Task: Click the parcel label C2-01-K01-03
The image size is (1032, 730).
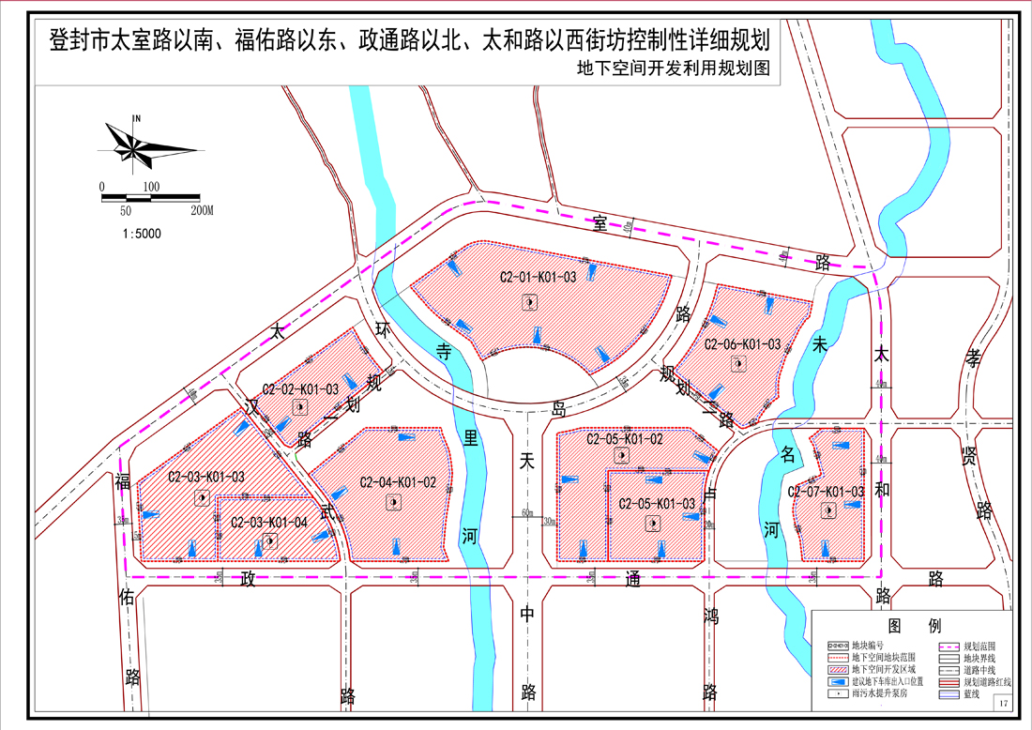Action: point(538,278)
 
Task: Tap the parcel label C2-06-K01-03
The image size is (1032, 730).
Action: point(742,344)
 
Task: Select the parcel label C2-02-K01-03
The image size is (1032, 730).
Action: point(300,388)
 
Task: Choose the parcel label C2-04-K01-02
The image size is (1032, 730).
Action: point(398,483)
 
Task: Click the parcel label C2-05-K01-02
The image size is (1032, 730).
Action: point(625,439)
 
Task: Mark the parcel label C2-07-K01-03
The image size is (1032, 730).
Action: point(826,492)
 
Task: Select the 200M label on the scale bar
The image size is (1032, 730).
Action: point(202,211)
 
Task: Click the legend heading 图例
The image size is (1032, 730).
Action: point(907,625)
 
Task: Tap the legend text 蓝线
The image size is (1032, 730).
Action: point(970,694)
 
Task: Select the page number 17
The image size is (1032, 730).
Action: point(1003,704)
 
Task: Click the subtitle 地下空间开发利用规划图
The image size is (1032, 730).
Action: point(674,68)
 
